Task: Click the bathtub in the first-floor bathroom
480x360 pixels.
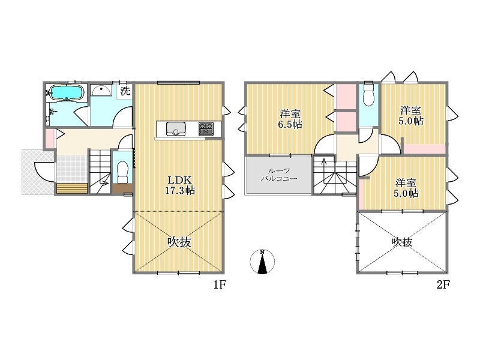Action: click(x=66, y=92)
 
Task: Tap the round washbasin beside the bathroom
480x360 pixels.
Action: click(x=101, y=91)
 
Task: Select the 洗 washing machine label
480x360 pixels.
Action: click(x=125, y=91)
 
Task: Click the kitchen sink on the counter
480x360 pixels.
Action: click(x=176, y=128)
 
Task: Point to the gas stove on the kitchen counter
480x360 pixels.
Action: click(x=206, y=128)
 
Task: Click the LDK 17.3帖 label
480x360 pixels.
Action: click(x=179, y=185)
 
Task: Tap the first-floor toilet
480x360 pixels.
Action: click(x=122, y=172)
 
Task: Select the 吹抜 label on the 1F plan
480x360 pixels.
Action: click(x=179, y=242)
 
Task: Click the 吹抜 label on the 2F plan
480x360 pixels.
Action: click(x=402, y=242)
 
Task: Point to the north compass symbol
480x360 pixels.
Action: click(x=262, y=262)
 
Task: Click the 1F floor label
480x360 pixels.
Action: click(x=220, y=285)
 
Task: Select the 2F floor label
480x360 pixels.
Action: click(x=443, y=285)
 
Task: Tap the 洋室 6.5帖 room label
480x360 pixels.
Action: click(x=290, y=119)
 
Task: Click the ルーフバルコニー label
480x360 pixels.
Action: click(x=279, y=175)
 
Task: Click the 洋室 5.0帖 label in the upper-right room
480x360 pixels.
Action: click(x=411, y=115)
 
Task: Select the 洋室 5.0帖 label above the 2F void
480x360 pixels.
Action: click(x=406, y=188)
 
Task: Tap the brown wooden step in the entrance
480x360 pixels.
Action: click(x=72, y=188)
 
